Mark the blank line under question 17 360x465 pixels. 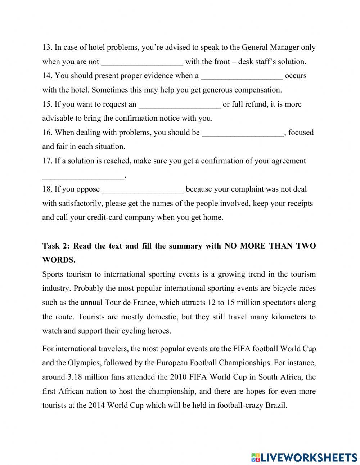(83, 176)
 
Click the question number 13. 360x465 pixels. (47, 48)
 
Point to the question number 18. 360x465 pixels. (47, 189)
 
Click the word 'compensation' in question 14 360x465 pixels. (258, 90)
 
